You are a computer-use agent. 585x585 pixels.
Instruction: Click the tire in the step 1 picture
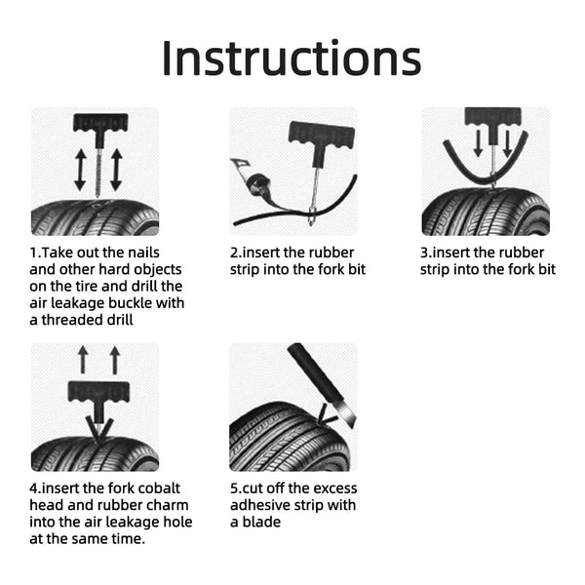coord(94,218)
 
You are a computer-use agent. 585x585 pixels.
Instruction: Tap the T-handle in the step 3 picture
coord(491,116)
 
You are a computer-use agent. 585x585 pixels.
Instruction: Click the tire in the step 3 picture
coord(485,213)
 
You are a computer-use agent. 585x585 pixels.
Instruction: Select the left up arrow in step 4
coord(83,359)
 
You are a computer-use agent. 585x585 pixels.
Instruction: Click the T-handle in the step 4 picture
coord(97,395)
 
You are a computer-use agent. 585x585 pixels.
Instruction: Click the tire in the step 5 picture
coord(283,439)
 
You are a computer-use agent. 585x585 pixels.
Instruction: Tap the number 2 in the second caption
coord(234,252)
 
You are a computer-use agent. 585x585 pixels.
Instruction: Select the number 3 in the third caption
coord(424,252)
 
